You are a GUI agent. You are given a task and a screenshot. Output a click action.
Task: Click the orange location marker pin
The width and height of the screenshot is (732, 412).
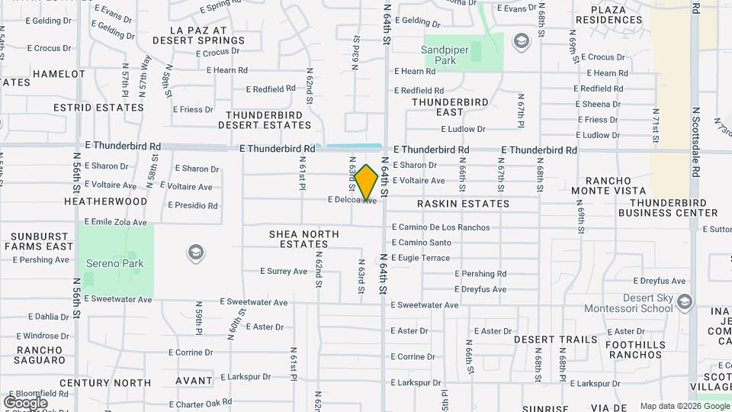(367, 182)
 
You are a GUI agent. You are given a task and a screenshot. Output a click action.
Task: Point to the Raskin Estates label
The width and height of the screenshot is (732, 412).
(463, 204)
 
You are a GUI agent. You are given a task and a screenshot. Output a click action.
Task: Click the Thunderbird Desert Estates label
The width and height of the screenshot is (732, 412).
(264, 119)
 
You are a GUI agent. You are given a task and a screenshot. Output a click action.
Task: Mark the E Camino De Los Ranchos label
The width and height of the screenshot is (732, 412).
(441, 227)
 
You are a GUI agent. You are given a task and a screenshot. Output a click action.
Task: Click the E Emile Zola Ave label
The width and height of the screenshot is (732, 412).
(115, 222)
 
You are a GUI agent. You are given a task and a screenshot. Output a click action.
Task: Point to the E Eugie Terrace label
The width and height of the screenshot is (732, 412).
(421, 258)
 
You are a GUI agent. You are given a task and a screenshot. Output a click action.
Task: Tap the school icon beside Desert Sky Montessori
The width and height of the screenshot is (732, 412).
(684, 303)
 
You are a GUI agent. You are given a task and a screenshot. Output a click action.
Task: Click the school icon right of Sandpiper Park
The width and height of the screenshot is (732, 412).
(522, 40)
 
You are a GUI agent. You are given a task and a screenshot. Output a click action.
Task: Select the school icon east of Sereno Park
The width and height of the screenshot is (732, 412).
(195, 253)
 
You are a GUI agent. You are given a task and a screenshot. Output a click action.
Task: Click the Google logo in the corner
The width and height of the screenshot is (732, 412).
(25, 402)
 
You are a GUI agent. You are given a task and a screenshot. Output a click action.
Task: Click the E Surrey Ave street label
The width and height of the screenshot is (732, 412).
(284, 271)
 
